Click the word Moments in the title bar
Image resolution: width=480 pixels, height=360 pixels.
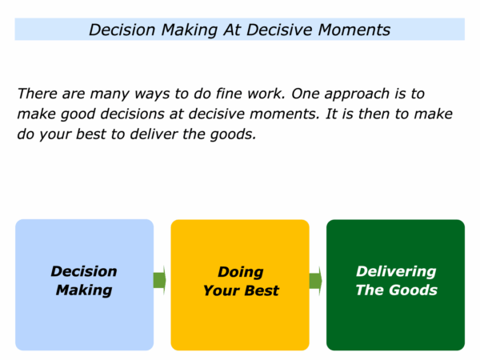354,30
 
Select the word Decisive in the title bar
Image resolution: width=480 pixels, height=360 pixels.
280,30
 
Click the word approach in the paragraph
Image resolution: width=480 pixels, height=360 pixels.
357,94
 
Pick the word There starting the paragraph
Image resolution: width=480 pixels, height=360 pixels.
37,94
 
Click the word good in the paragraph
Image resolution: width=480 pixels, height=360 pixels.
78,114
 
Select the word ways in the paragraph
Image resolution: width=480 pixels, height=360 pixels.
152,94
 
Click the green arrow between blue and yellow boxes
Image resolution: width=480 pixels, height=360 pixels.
159,280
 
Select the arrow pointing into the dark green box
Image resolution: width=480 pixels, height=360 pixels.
316,281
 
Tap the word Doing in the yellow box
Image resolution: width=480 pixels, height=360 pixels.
241,272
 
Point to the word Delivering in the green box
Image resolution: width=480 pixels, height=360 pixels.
396,271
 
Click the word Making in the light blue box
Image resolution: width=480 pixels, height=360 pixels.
84,290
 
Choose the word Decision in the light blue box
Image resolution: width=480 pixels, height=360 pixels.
84,271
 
